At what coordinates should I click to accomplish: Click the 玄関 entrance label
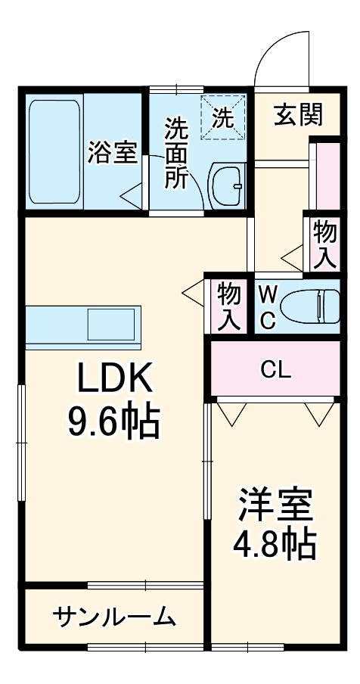(299, 115)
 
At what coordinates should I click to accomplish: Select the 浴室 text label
(113, 153)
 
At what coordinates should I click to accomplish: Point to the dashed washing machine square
(222, 118)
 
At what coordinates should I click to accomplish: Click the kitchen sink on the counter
(111, 324)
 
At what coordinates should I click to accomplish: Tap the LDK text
(115, 377)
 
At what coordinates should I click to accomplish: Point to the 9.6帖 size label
(114, 422)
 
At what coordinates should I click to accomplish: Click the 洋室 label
(275, 505)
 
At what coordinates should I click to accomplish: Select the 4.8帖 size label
(275, 546)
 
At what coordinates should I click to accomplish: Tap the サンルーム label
(114, 617)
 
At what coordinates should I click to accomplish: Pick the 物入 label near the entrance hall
(325, 244)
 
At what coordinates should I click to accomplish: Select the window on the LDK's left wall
(21, 443)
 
